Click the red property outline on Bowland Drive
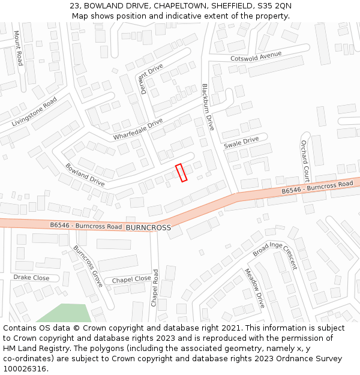[x=181, y=172]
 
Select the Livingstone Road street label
[x=34, y=112]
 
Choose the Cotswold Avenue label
[x=256, y=56]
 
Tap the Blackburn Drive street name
[x=208, y=107]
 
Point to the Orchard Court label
[x=305, y=161]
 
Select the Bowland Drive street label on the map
[x=85, y=174]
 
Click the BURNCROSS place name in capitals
[x=148, y=228]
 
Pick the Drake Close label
[x=31, y=278]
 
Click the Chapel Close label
[x=131, y=279]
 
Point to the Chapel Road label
[x=155, y=289]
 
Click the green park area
[x=66, y=313]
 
